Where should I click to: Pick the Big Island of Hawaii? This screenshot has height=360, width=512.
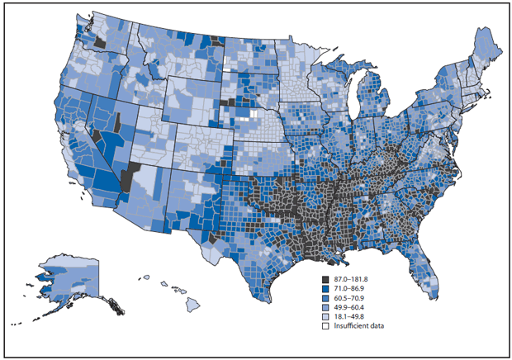(x=192, y=307)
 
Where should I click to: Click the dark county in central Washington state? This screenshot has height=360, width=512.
(x=98, y=43)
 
